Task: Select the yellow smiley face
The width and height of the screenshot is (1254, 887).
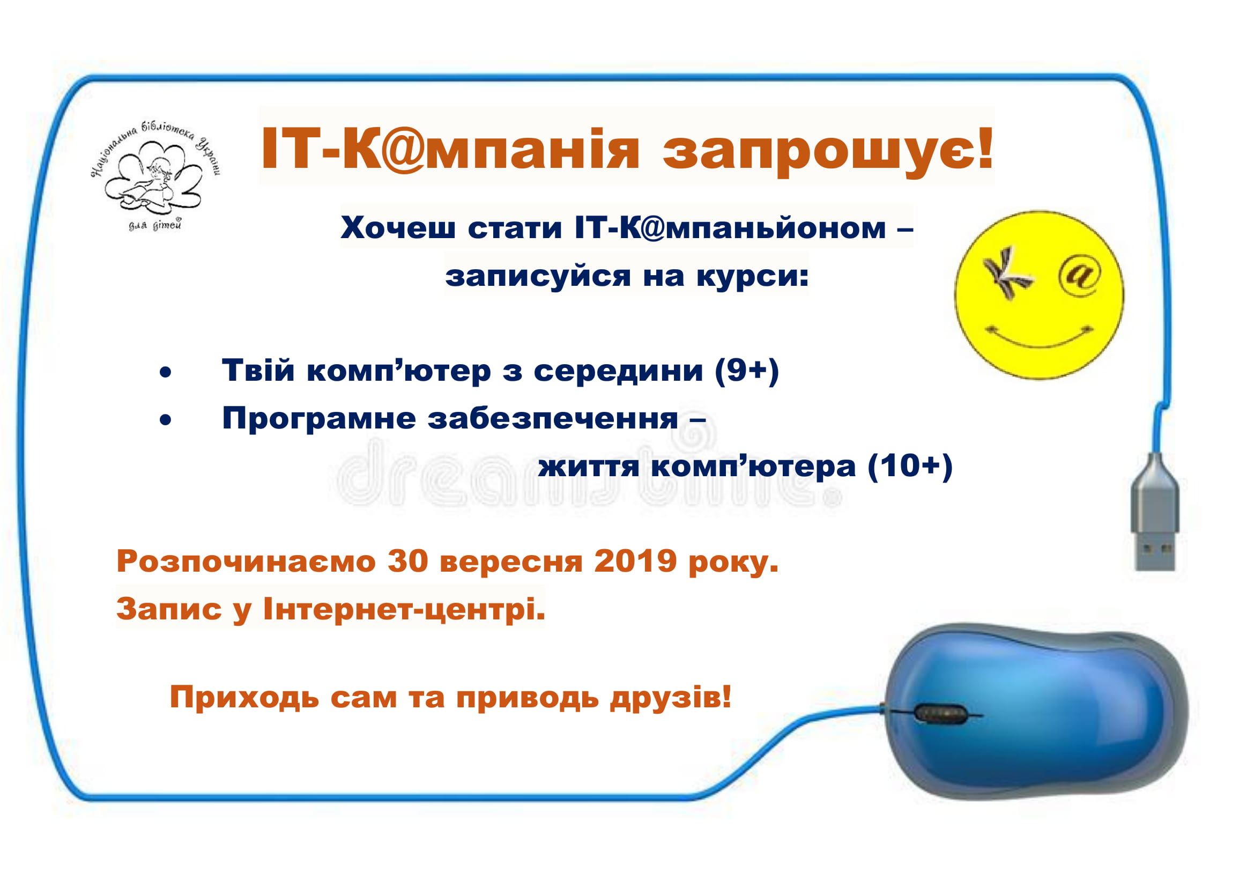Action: [1039, 295]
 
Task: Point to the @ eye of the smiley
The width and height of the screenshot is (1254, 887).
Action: [1080, 276]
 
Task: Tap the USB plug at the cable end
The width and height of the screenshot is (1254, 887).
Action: [1154, 513]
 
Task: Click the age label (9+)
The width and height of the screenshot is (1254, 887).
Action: [747, 371]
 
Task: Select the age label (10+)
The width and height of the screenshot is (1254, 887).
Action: [910, 466]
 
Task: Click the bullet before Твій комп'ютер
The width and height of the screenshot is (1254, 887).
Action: [166, 373]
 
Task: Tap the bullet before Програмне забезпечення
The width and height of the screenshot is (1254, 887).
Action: [166, 420]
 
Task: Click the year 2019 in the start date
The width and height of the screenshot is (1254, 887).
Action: [636, 561]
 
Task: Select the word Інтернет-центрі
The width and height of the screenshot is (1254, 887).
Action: [404, 610]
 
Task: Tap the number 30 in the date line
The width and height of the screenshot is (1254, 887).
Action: [408, 561]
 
